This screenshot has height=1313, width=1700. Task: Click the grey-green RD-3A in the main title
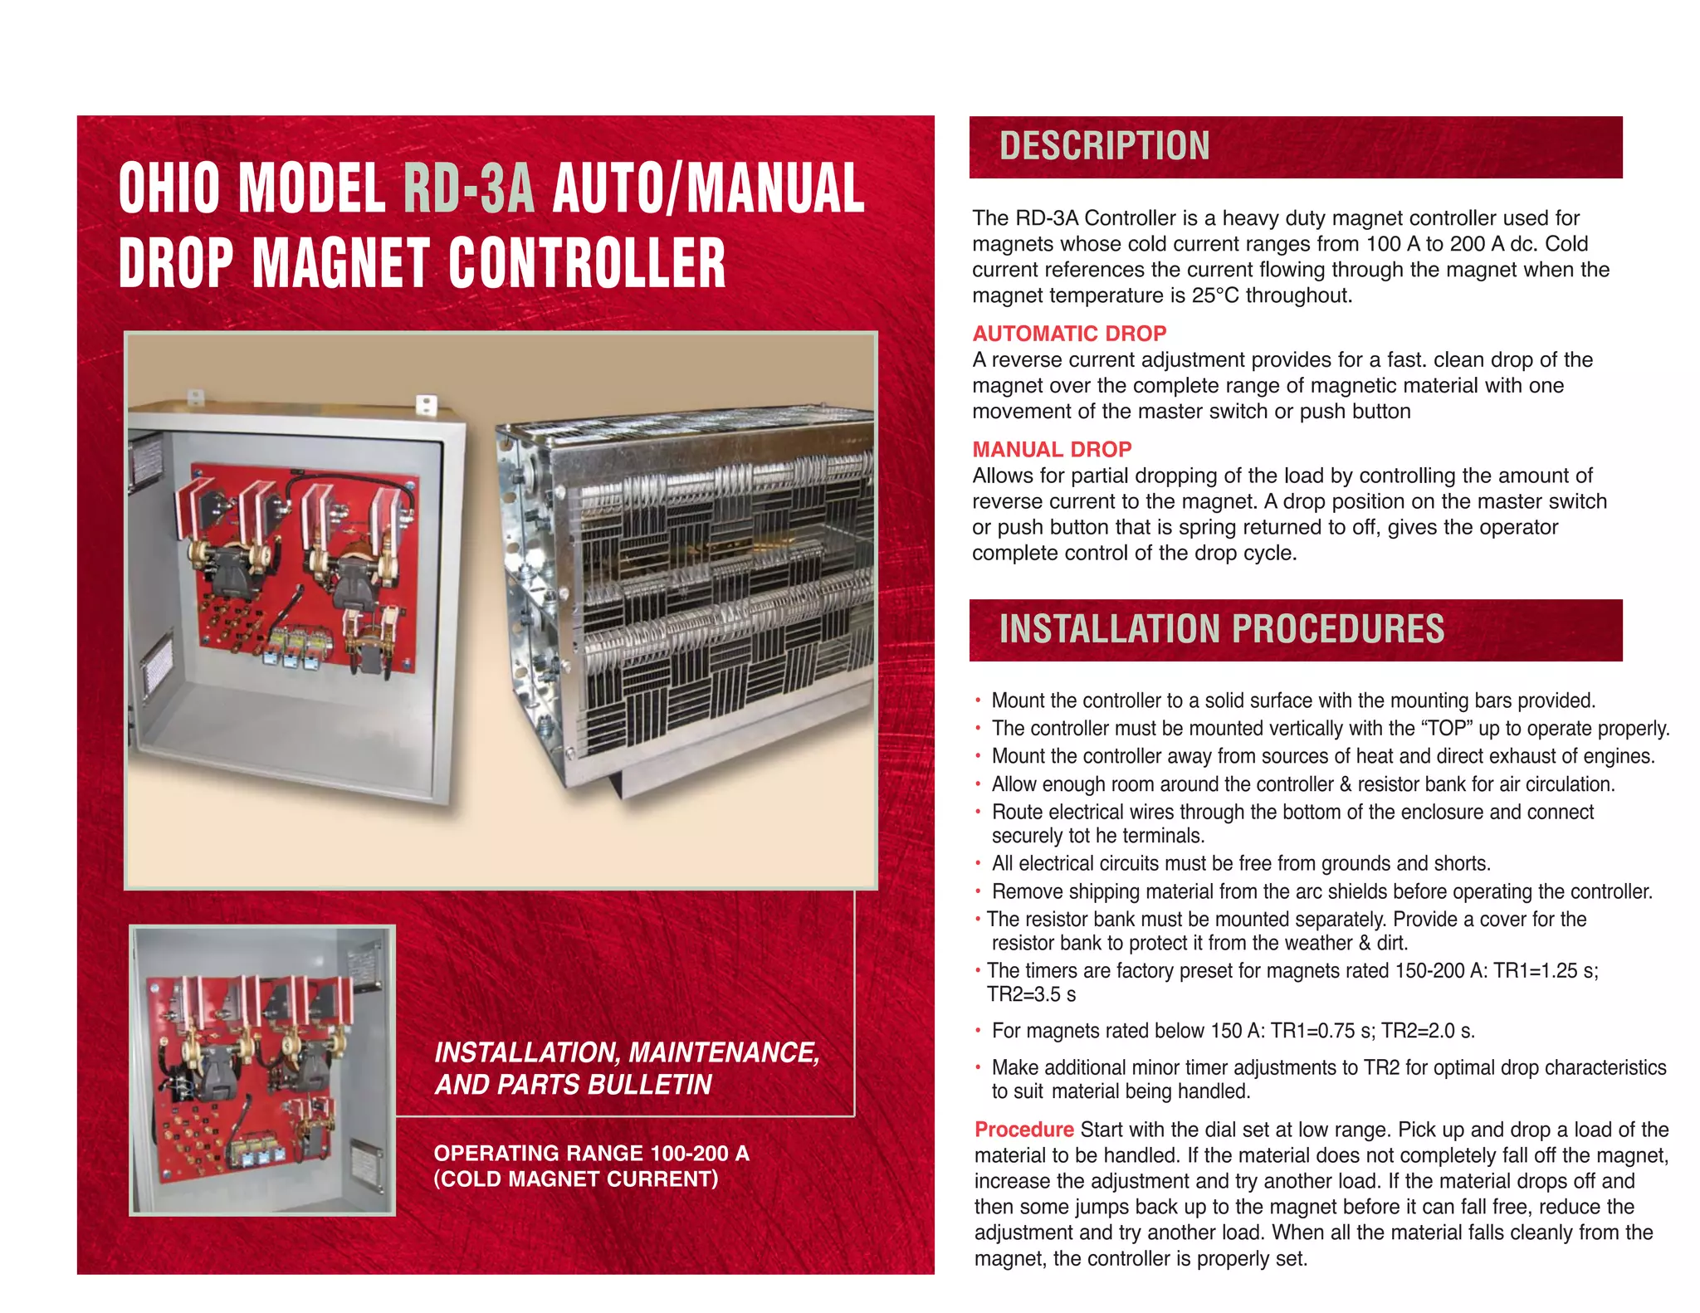click(x=469, y=188)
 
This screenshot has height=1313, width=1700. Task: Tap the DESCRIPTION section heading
click(x=1104, y=146)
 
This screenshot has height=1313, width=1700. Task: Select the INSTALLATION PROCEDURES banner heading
click(x=1221, y=629)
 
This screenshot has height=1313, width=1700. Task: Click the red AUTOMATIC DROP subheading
click(x=1069, y=334)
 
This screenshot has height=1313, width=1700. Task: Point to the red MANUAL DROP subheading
click(x=1052, y=449)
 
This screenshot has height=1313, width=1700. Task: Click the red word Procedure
click(x=1023, y=1130)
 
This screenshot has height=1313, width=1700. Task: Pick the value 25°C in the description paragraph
click(x=1216, y=295)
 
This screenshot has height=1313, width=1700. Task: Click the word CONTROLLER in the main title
click(x=587, y=263)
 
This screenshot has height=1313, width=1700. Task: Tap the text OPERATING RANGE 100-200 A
click(x=591, y=1153)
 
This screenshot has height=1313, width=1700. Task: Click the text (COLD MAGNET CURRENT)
click(x=575, y=1179)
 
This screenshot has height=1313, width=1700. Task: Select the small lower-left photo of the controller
click(x=262, y=1070)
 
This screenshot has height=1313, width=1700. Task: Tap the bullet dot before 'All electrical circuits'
click(x=979, y=864)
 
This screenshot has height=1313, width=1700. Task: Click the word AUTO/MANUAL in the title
click(x=707, y=188)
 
